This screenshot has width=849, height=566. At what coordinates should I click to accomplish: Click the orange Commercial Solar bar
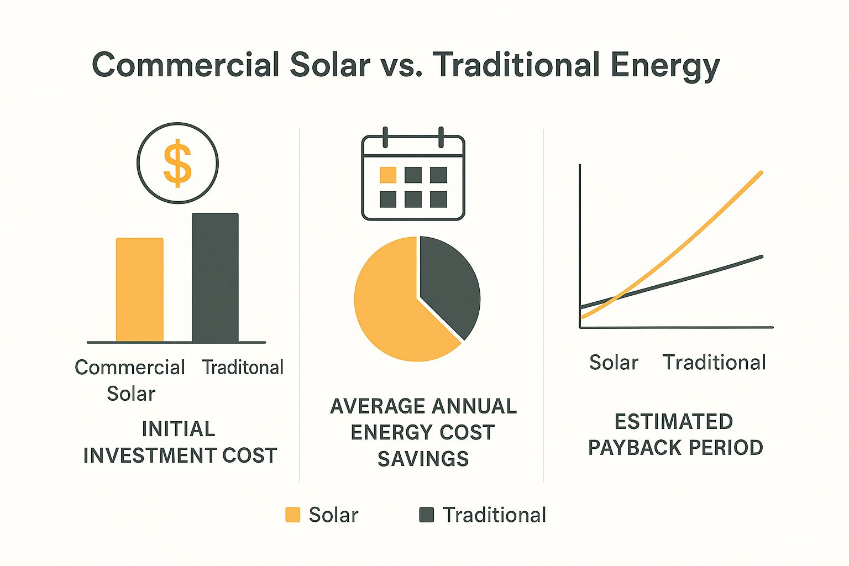[140, 290]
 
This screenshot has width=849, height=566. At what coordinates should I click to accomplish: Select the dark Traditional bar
[215, 277]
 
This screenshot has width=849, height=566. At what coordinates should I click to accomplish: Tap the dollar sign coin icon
[177, 164]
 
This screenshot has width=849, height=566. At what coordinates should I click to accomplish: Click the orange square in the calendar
[388, 175]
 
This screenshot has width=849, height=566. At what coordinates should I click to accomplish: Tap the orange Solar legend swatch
[292, 515]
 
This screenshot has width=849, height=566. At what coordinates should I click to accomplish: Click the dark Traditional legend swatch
[427, 515]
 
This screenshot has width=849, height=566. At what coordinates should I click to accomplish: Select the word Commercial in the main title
[186, 65]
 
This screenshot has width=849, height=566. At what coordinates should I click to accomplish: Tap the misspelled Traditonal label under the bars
[243, 368]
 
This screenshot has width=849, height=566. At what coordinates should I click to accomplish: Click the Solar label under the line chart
[614, 363]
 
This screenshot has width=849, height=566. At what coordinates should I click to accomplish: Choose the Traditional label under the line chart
[714, 363]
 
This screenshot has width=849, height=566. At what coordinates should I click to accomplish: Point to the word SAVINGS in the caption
[423, 459]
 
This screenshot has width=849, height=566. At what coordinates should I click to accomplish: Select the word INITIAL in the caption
[178, 429]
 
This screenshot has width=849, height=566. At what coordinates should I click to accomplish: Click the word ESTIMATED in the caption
[674, 422]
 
